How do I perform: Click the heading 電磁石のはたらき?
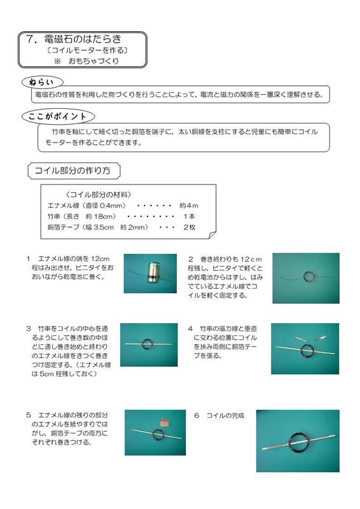83,39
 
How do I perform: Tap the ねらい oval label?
42,83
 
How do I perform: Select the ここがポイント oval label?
58,116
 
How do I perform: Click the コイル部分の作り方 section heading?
73,171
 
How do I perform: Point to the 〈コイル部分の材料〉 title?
99,195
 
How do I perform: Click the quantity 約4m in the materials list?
189,206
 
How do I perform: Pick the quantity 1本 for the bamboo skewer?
189,216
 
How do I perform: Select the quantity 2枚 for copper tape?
189,227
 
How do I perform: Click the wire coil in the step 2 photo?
308,276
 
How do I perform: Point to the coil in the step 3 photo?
148,344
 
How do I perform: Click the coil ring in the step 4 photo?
307,349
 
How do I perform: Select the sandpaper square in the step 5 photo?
165,422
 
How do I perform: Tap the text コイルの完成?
225,415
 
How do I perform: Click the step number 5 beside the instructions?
29,415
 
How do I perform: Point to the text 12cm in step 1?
100,259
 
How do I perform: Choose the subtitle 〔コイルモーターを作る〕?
87,50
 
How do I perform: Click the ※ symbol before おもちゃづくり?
57,61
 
